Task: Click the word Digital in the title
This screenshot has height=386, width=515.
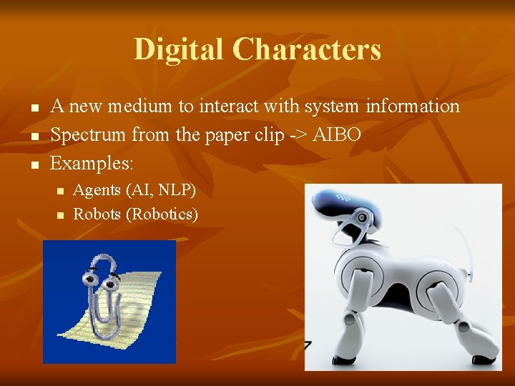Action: coord(178,49)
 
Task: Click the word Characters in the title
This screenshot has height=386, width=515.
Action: coord(306,49)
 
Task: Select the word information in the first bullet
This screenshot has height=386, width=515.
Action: coord(412,107)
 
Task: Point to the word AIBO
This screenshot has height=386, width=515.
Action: coord(335,134)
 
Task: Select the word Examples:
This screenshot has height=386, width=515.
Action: coord(92,163)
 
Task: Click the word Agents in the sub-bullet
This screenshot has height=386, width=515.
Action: coord(97,190)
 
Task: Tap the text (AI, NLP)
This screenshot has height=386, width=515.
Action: coord(160,190)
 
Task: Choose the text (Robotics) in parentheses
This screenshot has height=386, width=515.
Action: coord(162,214)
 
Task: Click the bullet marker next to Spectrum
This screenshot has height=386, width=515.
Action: coord(33,136)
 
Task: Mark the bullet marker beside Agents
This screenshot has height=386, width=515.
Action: coord(60,192)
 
